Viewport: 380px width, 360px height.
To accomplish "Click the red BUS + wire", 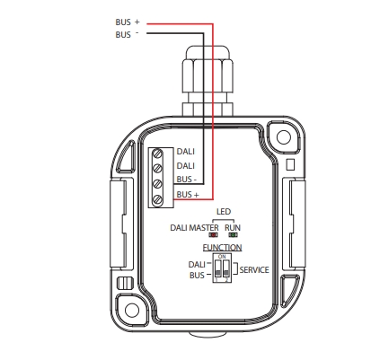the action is click(x=213, y=110).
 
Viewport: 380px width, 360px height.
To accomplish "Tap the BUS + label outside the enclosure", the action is click(x=128, y=22).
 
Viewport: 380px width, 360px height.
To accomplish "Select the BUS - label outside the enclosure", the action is click(x=128, y=35).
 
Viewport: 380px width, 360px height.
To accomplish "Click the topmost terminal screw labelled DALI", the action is click(x=157, y=154).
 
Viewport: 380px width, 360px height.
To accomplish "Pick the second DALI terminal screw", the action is click(x=157, y=169).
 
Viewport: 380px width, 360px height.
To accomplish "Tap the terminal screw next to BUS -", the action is click(x=157, y=184).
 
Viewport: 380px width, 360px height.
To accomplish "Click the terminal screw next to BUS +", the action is click(x=157, y=199).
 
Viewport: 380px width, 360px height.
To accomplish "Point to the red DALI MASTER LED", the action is click(x=213, y=235).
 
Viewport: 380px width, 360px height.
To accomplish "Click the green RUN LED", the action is click(x=233, y=235).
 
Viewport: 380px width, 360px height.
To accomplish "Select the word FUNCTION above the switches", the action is click(x=222, y=248).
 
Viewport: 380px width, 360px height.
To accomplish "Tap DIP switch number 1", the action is click(x=217, y=268).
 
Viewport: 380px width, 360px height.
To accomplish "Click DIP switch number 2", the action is click(x=226, y=268).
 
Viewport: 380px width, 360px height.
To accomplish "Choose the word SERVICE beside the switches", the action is click(x=254, y=270).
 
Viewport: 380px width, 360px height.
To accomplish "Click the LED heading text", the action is click(x=224, y=212).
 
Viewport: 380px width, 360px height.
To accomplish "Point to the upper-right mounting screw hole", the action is click(x=284, y=137).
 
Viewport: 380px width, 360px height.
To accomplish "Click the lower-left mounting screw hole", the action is click(x=132, y=311).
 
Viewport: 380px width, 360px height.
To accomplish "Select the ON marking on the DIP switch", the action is click(x=222, y=257).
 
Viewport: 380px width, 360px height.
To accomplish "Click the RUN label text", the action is click(x=233, y=228).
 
